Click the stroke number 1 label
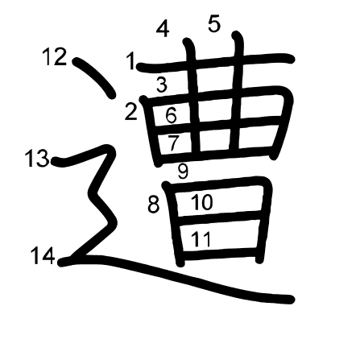tap(131, 61)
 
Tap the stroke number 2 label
tap(131, 111)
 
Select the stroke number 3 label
tap(162, 84)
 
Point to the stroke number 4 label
tap(163, 29)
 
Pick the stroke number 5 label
tap(214, 24)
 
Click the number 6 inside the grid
tap(171, 115)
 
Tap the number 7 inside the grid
tap(173, 143)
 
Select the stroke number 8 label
tap(154, 205)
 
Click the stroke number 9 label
tap(183, 171)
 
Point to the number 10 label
tap(202, 202)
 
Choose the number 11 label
tap(201, 239)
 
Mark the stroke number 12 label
tap(55, 56)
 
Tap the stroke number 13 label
tap(37, 158)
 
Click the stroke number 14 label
tap(43, 255)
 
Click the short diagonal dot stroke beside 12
tap(94, 77)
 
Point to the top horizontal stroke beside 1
tap(216, 62)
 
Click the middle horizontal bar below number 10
tap(219, 217)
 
